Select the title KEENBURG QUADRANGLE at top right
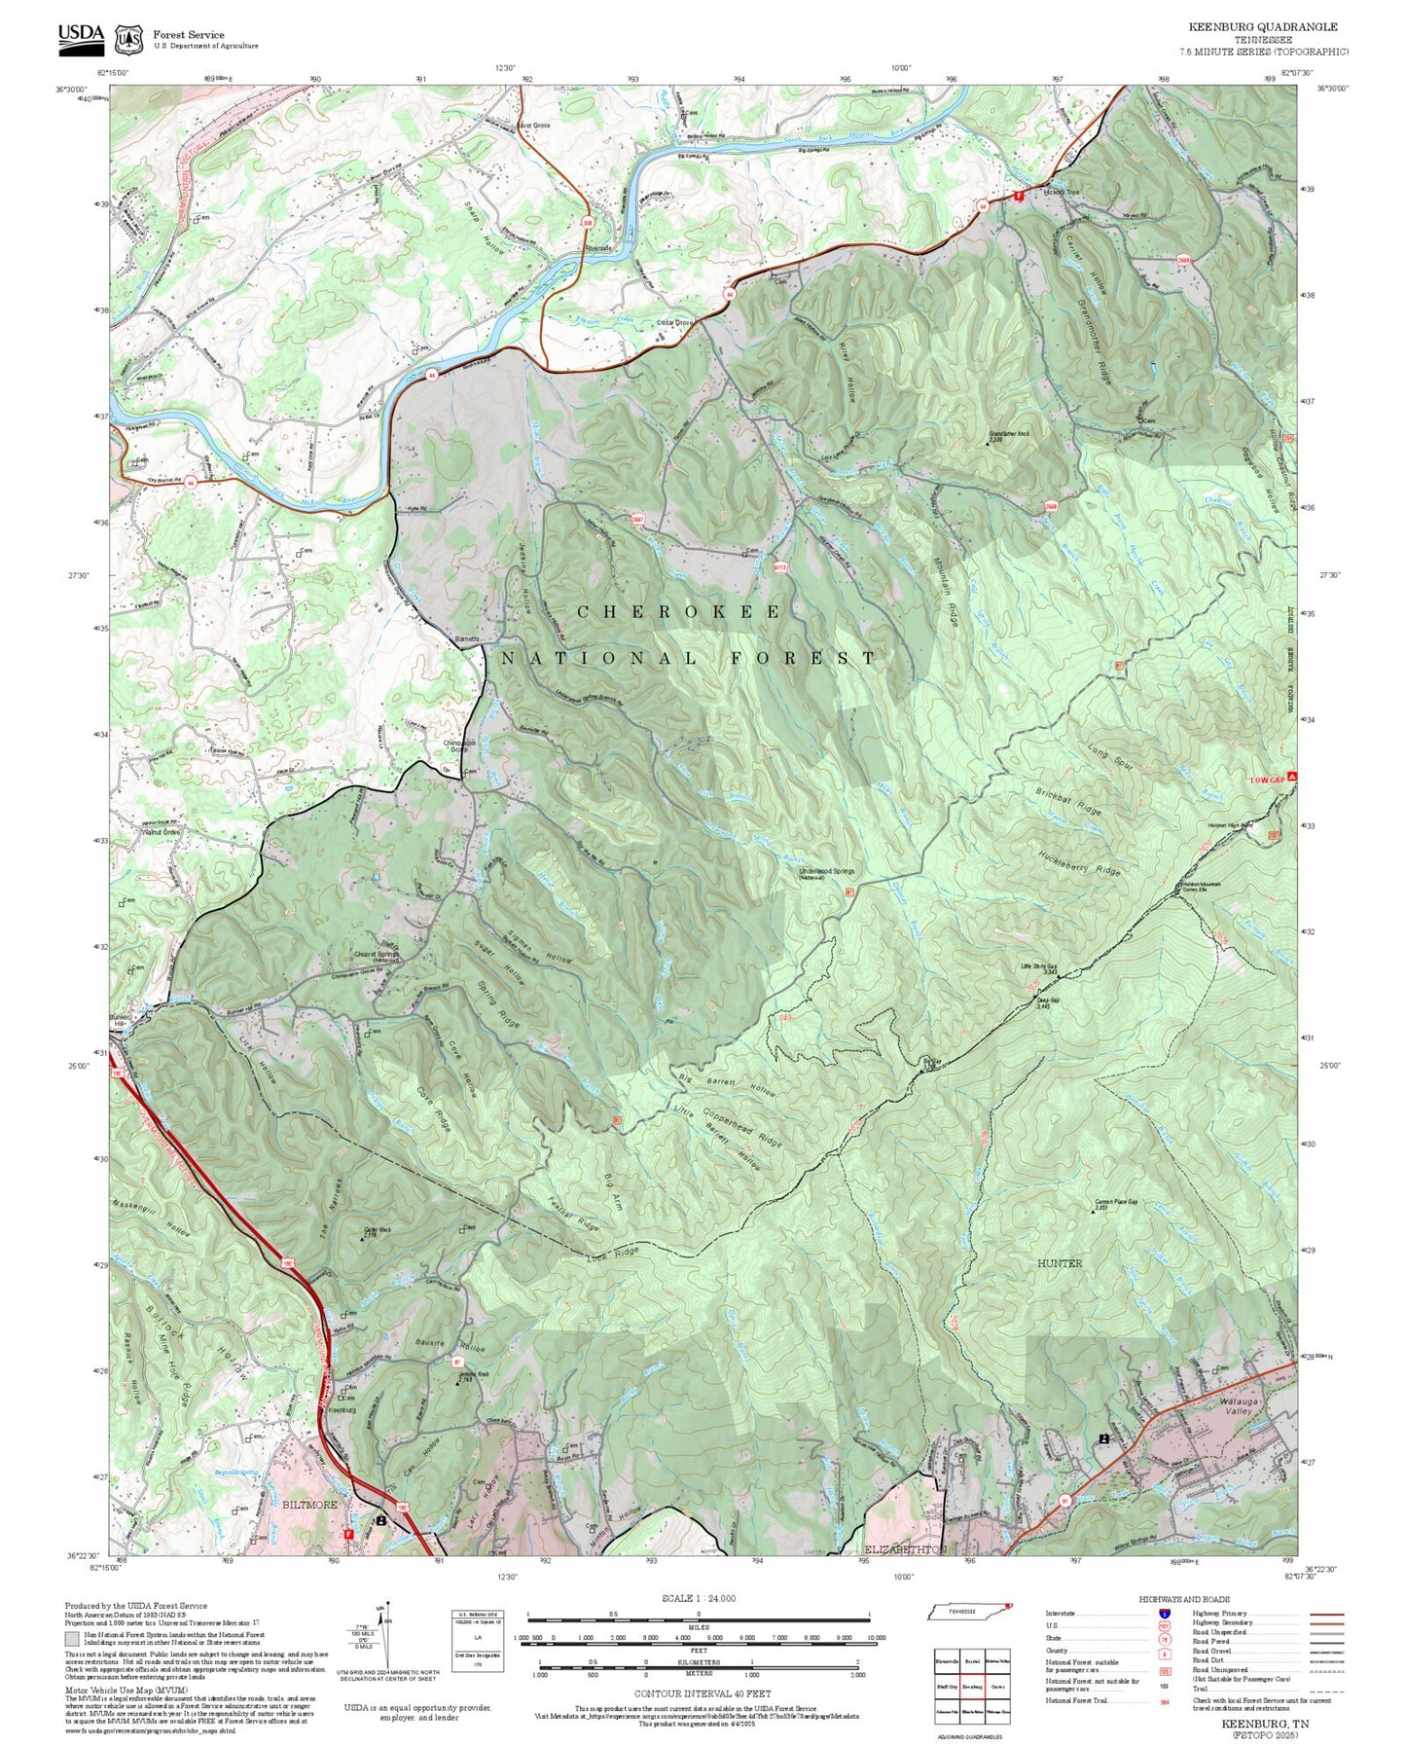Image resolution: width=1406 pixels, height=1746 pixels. (x=1262, y=27)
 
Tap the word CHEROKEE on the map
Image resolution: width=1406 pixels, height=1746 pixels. (x=679, y=612)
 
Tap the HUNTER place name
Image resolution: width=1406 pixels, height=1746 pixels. (x=1059, y=1263)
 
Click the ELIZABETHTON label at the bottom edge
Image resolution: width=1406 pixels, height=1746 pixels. (x=905, y=1548)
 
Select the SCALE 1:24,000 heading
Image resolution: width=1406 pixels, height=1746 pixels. (x=699, y=1598)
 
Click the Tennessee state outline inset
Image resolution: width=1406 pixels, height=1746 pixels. (x=968, y=1613)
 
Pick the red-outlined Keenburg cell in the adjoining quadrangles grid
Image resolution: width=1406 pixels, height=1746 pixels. (x=970, y=1686)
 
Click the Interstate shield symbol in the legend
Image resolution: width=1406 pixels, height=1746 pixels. (x=1164, y=1614)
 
